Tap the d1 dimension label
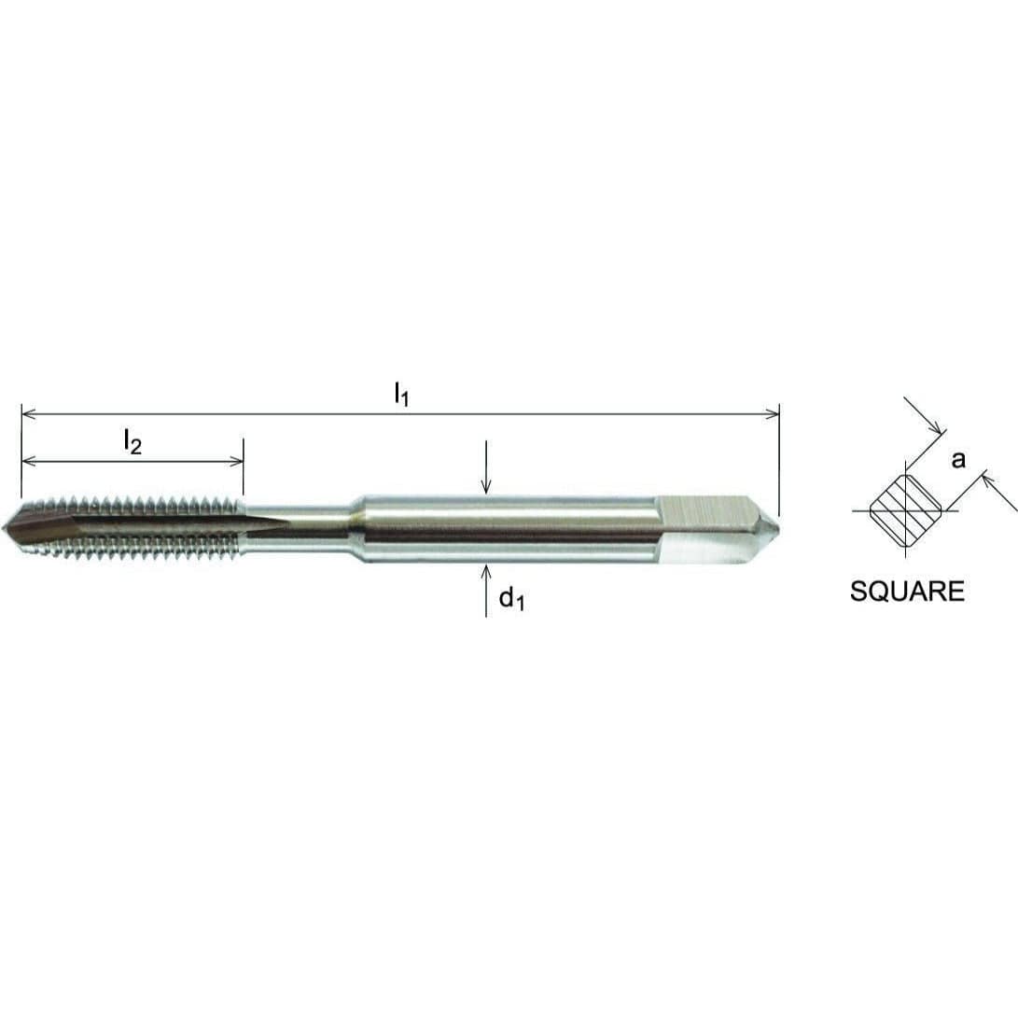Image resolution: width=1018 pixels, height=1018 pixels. coord(511,599)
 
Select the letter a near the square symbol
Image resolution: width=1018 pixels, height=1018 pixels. coord(958,459)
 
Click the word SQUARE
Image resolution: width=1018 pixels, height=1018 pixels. coord(907,592)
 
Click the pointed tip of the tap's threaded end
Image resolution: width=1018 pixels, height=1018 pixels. coord(7,528)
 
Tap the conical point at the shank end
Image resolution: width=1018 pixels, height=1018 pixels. coord(773,529)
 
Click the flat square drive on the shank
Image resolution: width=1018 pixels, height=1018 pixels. coord(704,529)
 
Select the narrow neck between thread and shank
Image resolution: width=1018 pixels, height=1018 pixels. coord(299,528)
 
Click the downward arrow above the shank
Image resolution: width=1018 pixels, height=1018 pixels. coord(485,485)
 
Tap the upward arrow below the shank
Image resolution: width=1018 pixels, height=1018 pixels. coord(485,571)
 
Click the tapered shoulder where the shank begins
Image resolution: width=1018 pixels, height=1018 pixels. coord(356,529)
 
